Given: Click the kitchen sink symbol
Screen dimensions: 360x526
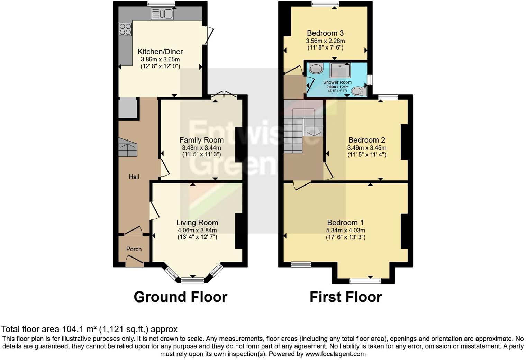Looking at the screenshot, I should pos(162,14).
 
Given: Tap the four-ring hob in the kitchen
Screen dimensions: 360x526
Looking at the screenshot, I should pos(125,29).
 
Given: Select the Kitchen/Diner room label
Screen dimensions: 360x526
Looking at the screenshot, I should pos(160,52).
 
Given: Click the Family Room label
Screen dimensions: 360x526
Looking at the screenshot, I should pos(201,140).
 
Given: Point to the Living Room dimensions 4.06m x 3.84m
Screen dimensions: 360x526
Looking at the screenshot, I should pos(197,230).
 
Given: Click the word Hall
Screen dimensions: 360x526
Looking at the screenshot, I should pos(134,177).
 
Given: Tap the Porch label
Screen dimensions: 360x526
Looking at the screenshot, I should pos(134,249).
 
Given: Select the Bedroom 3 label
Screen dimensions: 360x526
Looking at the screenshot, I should pos(325,33).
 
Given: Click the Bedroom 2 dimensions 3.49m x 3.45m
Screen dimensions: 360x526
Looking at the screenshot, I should pos(366,148).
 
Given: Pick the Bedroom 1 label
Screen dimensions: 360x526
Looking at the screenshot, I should pos(345,223).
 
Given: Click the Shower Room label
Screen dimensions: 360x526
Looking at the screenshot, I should pos(337,82).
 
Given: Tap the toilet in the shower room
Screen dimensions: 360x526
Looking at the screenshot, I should pos(359,91).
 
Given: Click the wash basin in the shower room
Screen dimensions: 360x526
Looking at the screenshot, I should pos(316,68).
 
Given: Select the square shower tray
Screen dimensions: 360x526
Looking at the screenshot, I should pos(340,70).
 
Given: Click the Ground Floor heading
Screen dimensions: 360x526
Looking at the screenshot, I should pos(180,297).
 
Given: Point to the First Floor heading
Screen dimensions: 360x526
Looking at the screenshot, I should pos(345,297).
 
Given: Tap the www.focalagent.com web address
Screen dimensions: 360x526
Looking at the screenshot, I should pos(335,354).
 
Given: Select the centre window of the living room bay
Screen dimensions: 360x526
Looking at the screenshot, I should pos(193,280).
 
